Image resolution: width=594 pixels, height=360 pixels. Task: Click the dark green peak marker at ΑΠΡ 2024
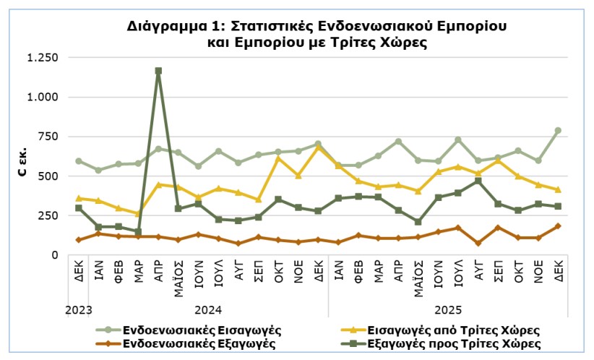pyautogui.click(x=158, y=71)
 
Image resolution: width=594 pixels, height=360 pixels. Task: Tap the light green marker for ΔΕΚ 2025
pyautogui.click(x=558, y=131)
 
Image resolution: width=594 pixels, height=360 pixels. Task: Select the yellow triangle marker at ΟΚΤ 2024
pyautogui.click(x=278, y=158)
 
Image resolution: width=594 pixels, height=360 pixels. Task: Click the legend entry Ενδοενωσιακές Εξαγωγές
pyautogui.click(x=199, y=343)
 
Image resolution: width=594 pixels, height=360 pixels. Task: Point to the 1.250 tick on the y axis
pyautogui.click(x=42, y=58)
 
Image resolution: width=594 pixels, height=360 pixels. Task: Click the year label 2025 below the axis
pyautogui.click(x=448, y=309)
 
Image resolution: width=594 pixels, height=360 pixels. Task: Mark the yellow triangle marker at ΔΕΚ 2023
pyautogui.click(x=79, y=198)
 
